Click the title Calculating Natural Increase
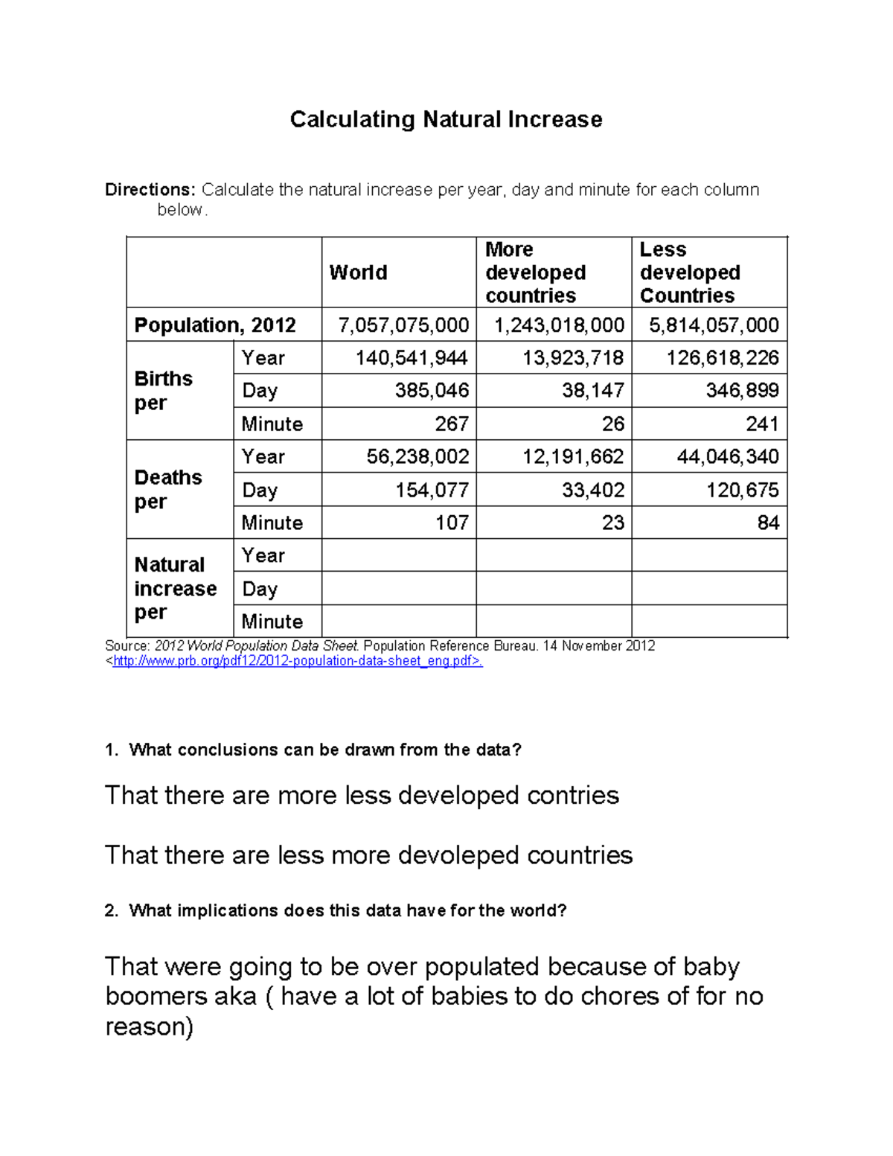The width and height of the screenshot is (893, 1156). [446, 119]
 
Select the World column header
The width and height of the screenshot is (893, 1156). [358, 272]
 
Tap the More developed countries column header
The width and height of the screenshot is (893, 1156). [535, 272]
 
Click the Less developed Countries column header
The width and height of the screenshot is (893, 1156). [689, 272]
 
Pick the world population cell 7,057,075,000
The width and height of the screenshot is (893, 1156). [403, 325]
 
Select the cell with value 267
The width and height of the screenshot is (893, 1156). [451, 424]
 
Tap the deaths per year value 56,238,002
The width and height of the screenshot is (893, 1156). [417, 456]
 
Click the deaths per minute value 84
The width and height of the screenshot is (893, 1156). [768, 523]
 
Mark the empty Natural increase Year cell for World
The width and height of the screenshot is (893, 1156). [399, 555]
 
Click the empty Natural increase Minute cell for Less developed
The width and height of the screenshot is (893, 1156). [709, 621]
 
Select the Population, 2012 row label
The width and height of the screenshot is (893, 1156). [214, 325]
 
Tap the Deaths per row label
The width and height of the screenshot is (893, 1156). [168, 489]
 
